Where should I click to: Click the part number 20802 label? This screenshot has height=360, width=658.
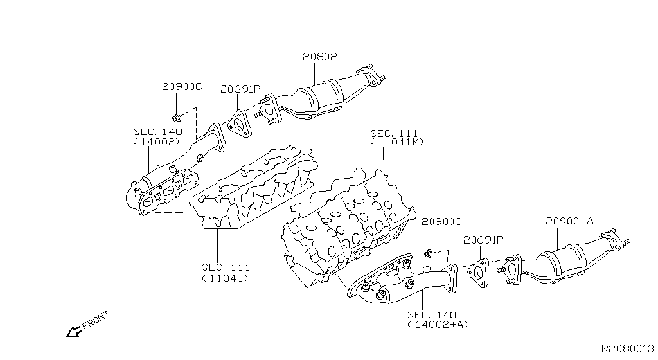[319, 57]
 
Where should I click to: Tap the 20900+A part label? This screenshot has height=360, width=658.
[569, 221]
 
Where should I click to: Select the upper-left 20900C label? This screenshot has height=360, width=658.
[182, 86]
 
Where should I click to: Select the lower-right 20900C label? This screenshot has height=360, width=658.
[441, 222]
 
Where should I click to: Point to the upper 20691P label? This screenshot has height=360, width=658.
[241, 89]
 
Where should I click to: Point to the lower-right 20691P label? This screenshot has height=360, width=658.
[483, 240]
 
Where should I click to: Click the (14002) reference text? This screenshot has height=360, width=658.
[158, 141]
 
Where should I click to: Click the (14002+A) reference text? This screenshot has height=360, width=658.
[437, 325]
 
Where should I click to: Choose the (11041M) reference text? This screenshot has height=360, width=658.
[397, 142]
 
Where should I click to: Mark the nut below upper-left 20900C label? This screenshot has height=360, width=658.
[177, 117]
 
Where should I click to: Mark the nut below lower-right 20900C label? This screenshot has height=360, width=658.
[429, 251]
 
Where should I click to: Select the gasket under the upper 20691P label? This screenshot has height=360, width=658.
[239, 123]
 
